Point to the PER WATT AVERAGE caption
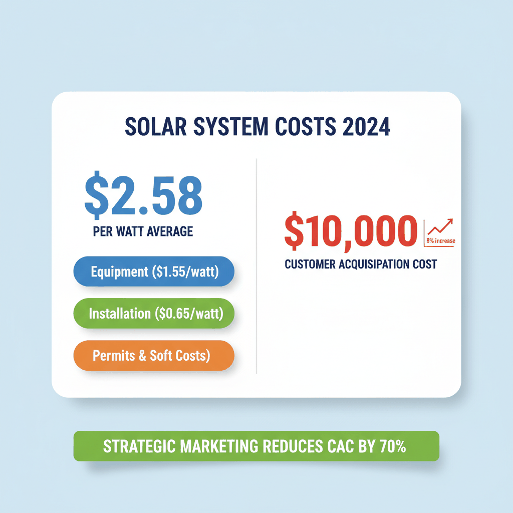[143, 232]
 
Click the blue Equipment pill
[154, 273]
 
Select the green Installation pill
[154, 314]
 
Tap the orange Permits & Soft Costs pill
[153, 356]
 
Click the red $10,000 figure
[351, 232]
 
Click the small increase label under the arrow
[441, 241]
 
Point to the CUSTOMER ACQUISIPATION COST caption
[361, 264]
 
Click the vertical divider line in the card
[256, 266]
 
